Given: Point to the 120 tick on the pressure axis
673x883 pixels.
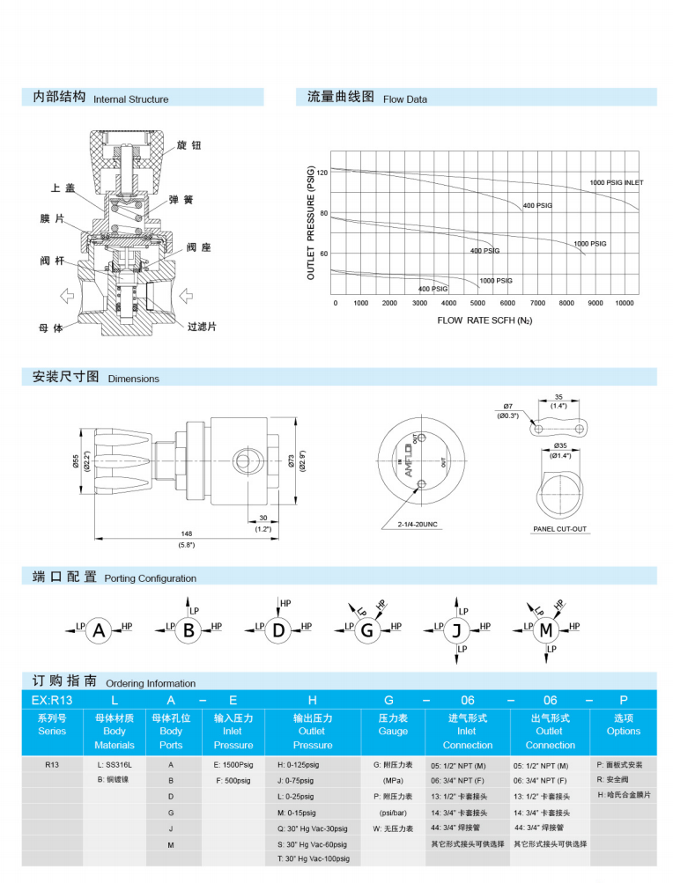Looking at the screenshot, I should [x=322, y=173].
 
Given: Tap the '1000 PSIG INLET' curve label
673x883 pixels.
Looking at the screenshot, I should [x=616, y=183].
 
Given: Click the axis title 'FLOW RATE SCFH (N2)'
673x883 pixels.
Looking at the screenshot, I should [x=484, y=320].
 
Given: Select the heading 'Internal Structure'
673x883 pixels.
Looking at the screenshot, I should [x=130, y=99].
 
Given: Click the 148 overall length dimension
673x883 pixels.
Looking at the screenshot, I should [x=186, y=533].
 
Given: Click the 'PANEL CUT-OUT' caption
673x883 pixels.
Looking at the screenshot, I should [x=560, y=530].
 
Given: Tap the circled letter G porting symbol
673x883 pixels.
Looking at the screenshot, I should [x=367, y=630].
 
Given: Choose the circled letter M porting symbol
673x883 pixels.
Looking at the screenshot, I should [x=546, y=630].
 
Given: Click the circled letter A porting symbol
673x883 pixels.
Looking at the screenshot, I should [x=100, y=630].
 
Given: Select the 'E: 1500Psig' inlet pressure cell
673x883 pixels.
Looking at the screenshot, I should [x=233, y=766].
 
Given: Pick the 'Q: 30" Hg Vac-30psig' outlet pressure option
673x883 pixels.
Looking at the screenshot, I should [x=312, y=828].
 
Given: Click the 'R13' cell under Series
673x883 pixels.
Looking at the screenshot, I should [x=52, y=766].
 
